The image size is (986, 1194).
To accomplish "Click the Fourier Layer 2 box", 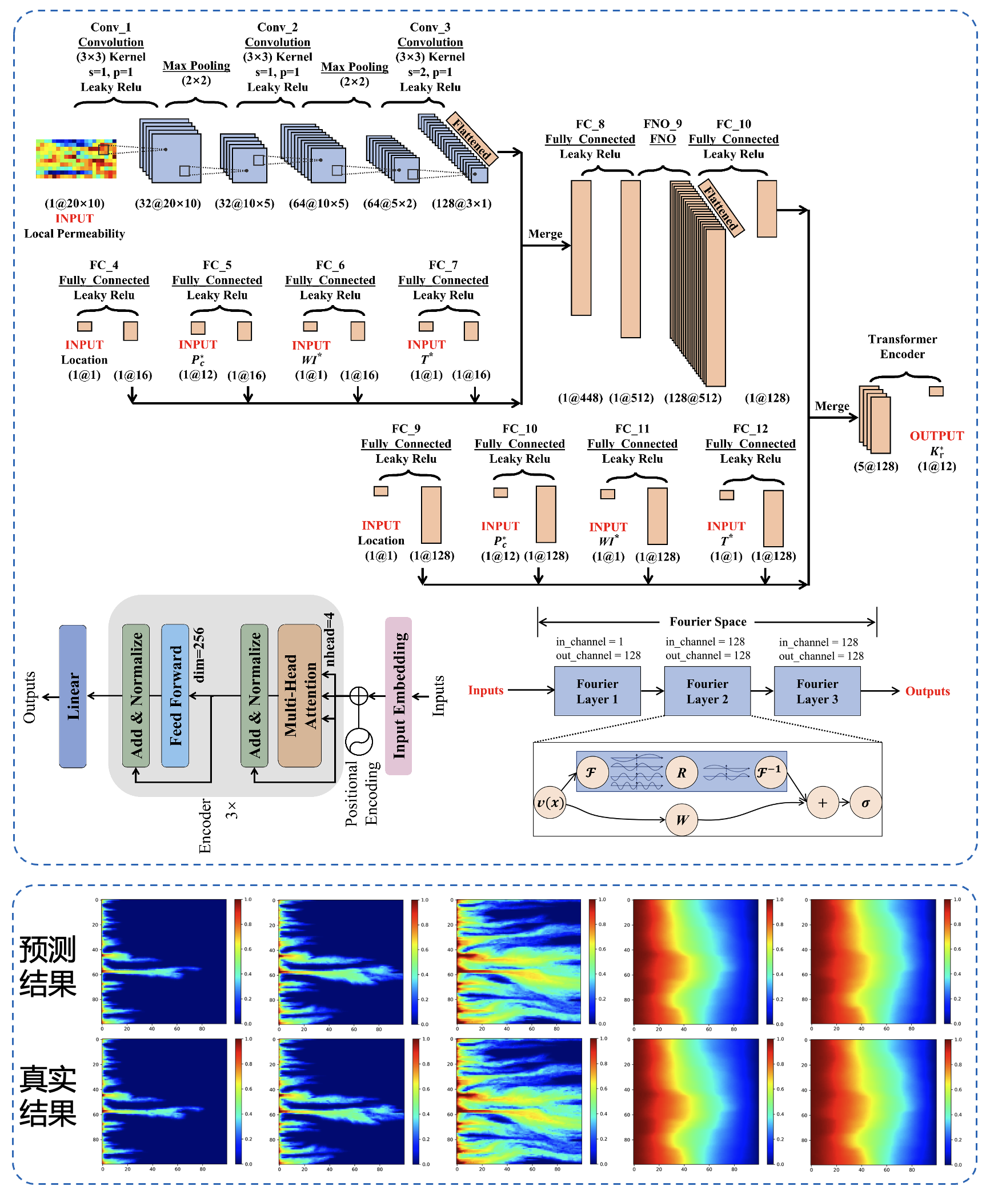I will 707,691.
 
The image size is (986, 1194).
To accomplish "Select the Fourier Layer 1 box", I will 597,691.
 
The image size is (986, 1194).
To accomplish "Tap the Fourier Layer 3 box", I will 817,691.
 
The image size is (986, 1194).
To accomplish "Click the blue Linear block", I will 73,696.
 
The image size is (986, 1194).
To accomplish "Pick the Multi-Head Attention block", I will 299,695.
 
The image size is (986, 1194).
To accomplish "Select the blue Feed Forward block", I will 175,695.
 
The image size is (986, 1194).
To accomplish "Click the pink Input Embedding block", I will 398,695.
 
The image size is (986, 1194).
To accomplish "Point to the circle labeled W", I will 682,820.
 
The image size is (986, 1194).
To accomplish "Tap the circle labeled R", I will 681,773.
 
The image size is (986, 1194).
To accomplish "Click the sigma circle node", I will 865,803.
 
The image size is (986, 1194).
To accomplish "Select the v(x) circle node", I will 550,803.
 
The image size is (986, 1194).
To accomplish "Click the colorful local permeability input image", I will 76,158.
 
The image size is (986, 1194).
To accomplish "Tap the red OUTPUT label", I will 936,436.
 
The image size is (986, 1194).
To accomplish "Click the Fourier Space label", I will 708,622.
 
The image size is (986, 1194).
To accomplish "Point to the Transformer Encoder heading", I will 902,346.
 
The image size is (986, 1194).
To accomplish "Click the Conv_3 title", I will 430,27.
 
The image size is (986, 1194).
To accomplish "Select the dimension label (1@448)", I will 580,398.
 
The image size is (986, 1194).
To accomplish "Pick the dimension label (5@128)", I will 876,466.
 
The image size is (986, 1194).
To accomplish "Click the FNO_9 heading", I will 663,124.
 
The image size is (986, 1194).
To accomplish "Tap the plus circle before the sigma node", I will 822,803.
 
